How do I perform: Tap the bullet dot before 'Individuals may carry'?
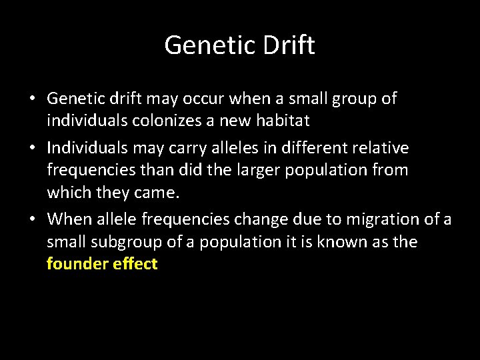coord(32,147)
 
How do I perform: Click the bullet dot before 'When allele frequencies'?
coord(32,219)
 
